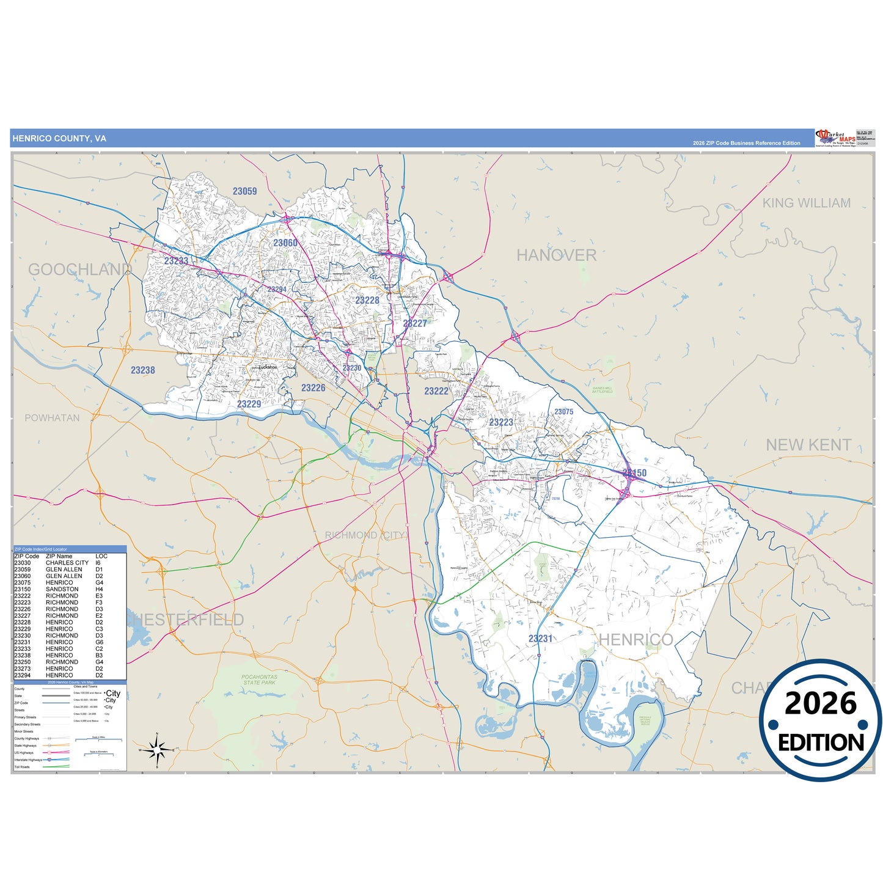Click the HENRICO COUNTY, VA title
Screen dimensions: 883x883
[x=59, y=139]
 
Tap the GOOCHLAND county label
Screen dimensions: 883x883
[x=79, y=269]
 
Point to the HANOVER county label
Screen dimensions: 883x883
[x=556, y=255]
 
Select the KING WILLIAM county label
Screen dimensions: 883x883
[x=806, y=203]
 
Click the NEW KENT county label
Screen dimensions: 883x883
[x=808, y=445]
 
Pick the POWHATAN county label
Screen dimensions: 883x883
[x=52, y=418]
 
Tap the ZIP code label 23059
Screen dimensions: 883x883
[x=244, y=191]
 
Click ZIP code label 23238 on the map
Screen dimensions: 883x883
[x=142, y=370]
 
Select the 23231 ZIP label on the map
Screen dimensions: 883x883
[x=540, y=639]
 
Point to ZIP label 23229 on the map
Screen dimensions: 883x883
[x=249, y=404]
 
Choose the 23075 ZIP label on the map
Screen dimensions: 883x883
[x=563, y=412]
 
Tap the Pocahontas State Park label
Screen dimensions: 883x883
[x=259, y=680]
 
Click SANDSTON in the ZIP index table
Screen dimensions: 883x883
[x=62, y=589]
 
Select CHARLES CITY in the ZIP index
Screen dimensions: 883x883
[x=67, y=563]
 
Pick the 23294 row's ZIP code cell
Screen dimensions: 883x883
[x=22, y=675]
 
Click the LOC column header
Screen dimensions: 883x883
[x=101, y=556]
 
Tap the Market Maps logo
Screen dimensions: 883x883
[x=835, y=137]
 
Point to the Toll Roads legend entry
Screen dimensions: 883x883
[x=22, y=767]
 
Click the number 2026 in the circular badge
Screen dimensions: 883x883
[x=820, y=704]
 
